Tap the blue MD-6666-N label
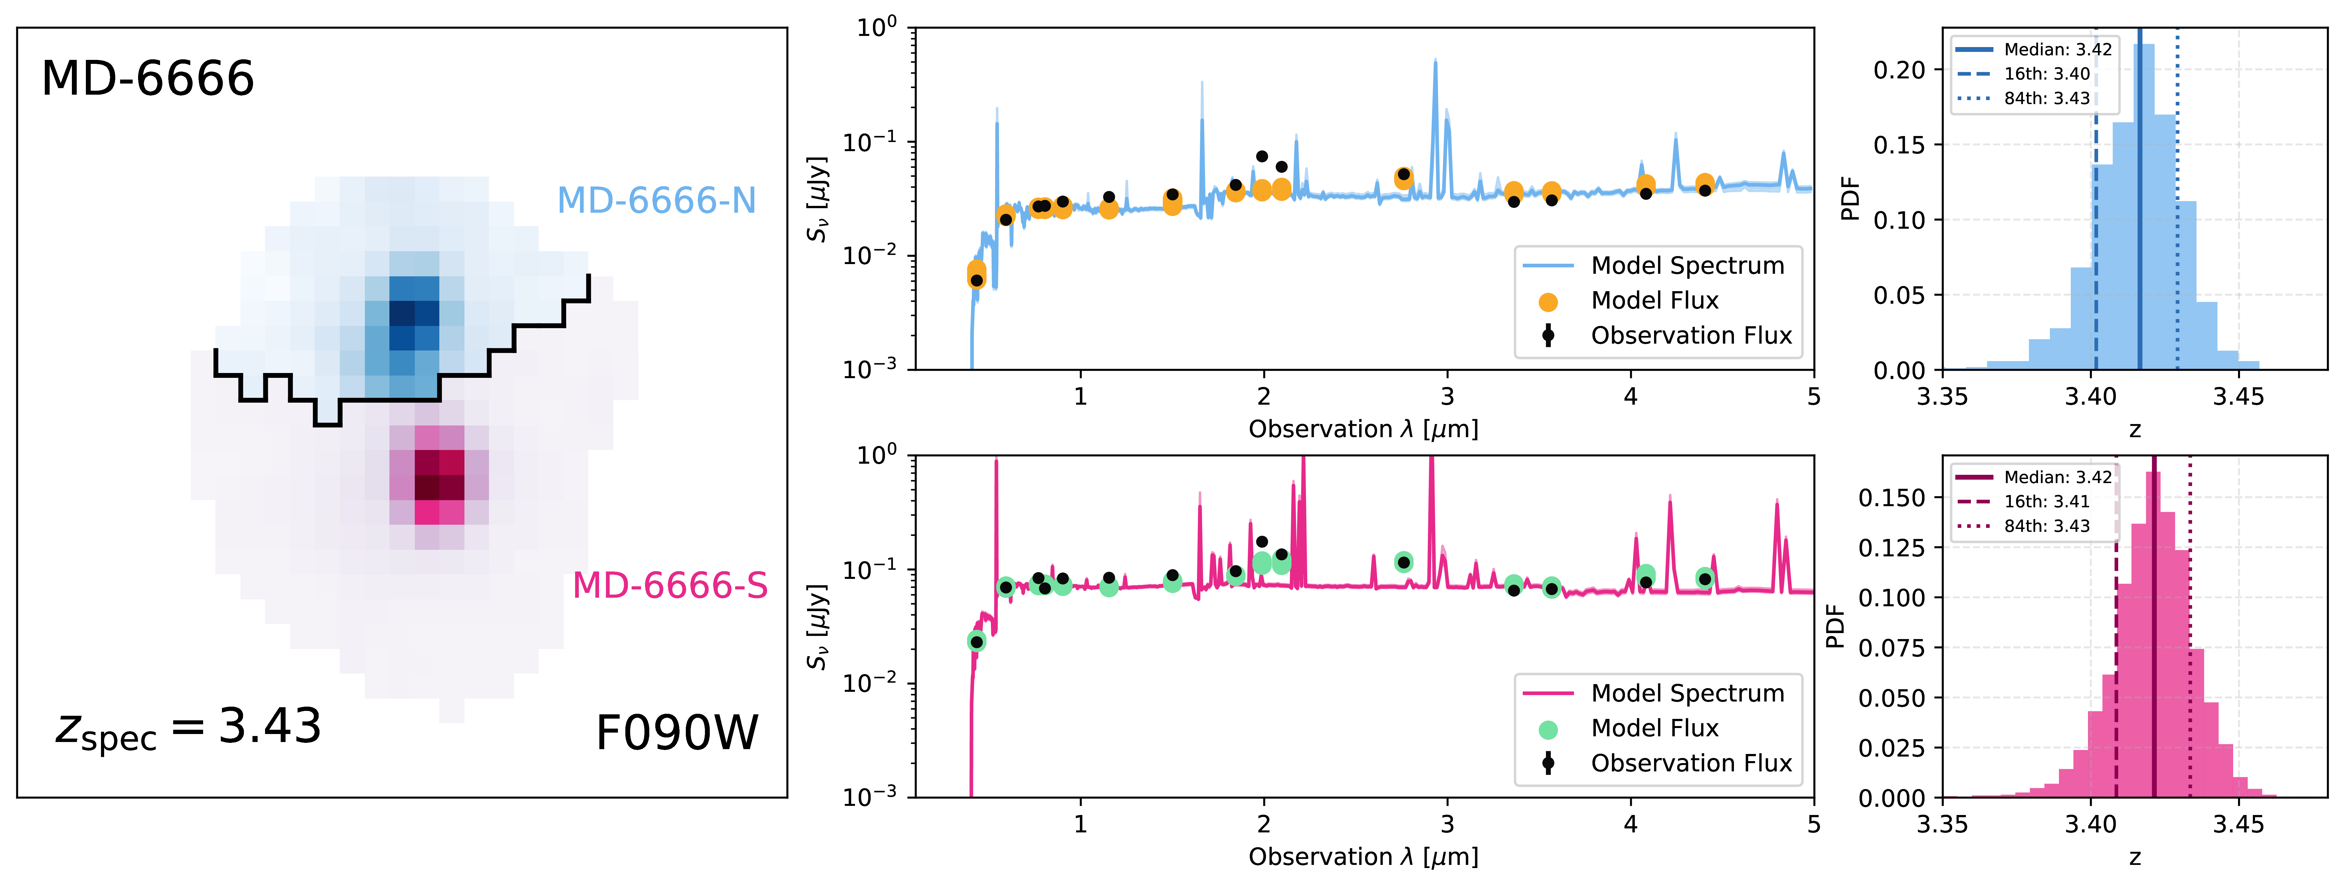[656, 200]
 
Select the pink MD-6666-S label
[670, 585]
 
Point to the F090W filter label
[676, 733]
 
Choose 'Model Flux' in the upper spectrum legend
[1654, 300]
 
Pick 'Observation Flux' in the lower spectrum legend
[1691, 763]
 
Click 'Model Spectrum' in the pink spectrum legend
[1687, 694]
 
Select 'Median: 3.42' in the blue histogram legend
[2057, 49]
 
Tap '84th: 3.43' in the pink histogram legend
[2046, 526]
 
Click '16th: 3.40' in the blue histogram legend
[2046, 74]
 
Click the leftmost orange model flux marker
[976, 273]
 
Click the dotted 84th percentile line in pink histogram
[2189, 637]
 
